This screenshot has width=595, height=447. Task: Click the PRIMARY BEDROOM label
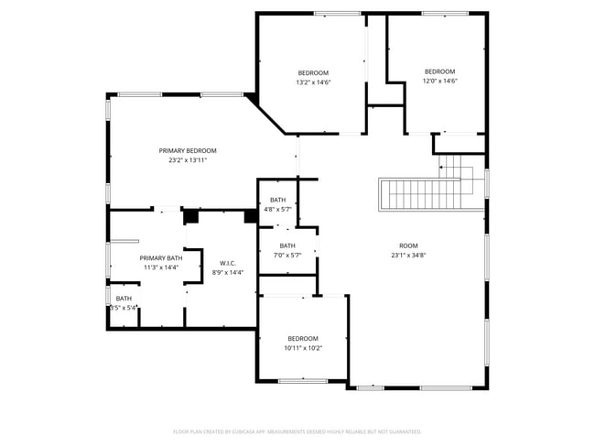click(188, 150)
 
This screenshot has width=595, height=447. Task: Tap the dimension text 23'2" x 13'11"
click(188, 160)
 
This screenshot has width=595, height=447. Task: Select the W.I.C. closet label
click(228, 263)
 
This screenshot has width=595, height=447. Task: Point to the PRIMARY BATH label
click(160, 258)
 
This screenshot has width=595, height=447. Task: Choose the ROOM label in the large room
click(408, 245)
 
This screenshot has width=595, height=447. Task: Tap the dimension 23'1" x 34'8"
click(408, 256)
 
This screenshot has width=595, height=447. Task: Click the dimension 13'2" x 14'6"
click(313, 82)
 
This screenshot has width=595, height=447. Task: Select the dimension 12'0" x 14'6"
click(439, 82)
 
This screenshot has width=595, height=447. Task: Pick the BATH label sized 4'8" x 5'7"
click(277, 200)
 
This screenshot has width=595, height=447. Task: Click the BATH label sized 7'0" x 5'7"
click(287, 245)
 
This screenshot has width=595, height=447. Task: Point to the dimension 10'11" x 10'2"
click(303, 348)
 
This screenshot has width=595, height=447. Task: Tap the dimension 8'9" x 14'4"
click(228, 272)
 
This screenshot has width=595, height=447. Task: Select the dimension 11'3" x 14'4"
click(160, 267)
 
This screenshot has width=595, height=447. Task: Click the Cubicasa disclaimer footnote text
click(297, 431)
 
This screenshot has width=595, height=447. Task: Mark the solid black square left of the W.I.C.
click(191, 217)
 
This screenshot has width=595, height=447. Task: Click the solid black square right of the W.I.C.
click(250, 216)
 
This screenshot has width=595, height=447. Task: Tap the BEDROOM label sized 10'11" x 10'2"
click(303, 338)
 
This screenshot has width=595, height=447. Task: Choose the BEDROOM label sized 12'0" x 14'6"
click(439, 71)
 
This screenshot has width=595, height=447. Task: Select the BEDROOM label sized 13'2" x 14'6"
click(313, 72)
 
